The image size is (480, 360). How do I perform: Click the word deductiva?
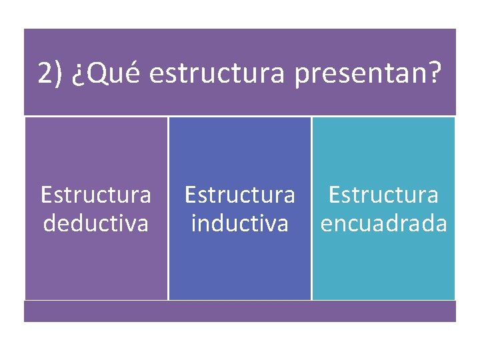click(x=96, y=222)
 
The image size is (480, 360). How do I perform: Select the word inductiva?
click(x=239, y=222)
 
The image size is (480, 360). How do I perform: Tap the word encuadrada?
click(x=383, y=222)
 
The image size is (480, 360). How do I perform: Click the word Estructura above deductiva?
click(x=96, y=195)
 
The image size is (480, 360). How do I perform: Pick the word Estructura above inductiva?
click(x=239, y=195)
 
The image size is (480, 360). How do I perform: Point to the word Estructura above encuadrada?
click(x=383, y=195)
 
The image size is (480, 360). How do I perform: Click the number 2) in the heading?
click(x=50, y=73)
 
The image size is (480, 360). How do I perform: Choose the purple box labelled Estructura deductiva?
click(x=96, y=267)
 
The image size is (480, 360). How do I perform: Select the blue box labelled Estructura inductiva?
click(x=239, y=267)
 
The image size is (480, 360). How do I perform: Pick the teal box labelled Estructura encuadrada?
click(x=383, y=267)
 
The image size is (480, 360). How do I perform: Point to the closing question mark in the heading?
click(x=435, y=73)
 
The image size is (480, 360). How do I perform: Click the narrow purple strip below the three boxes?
click(x=240, y=311)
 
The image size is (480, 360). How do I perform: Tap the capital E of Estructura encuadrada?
click(x=335, y=195)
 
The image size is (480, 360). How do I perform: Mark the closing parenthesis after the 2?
click(x=58, y=73)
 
